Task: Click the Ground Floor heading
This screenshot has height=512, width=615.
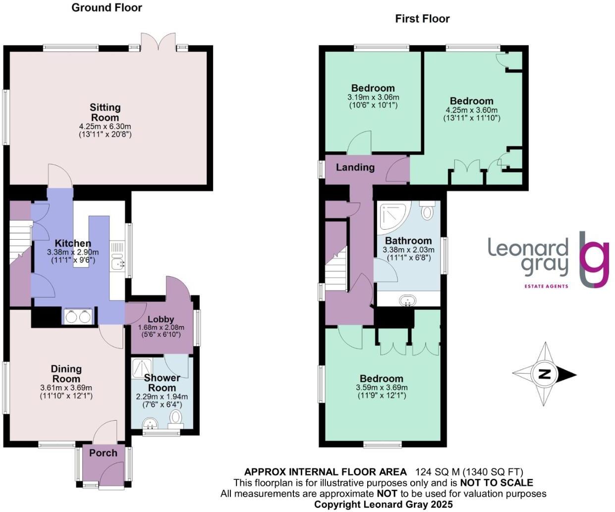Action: pyautogui.click(x=107, y=7)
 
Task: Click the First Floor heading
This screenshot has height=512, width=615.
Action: pyautogui.click(x=422, y=19)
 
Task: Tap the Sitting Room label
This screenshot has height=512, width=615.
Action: pyautogui.click(x=105, y=112)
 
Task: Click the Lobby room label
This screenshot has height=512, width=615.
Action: pyautogui.click(x=161, y=319)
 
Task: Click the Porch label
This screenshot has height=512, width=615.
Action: pyautogui.click(x=103, y=452)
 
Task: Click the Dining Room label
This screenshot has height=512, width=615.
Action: pyautogui.click(x=66, y=373)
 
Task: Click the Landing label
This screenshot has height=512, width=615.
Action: pyautogui.click(x=355, y=167)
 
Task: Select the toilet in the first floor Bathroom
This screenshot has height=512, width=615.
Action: pyautogui.click(x=427, y=211)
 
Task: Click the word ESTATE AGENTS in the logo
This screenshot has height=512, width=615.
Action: pyautogui.click(x=546, y=286)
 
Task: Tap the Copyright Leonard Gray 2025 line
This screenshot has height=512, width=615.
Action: pyautogui.click(x=383, y=504)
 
